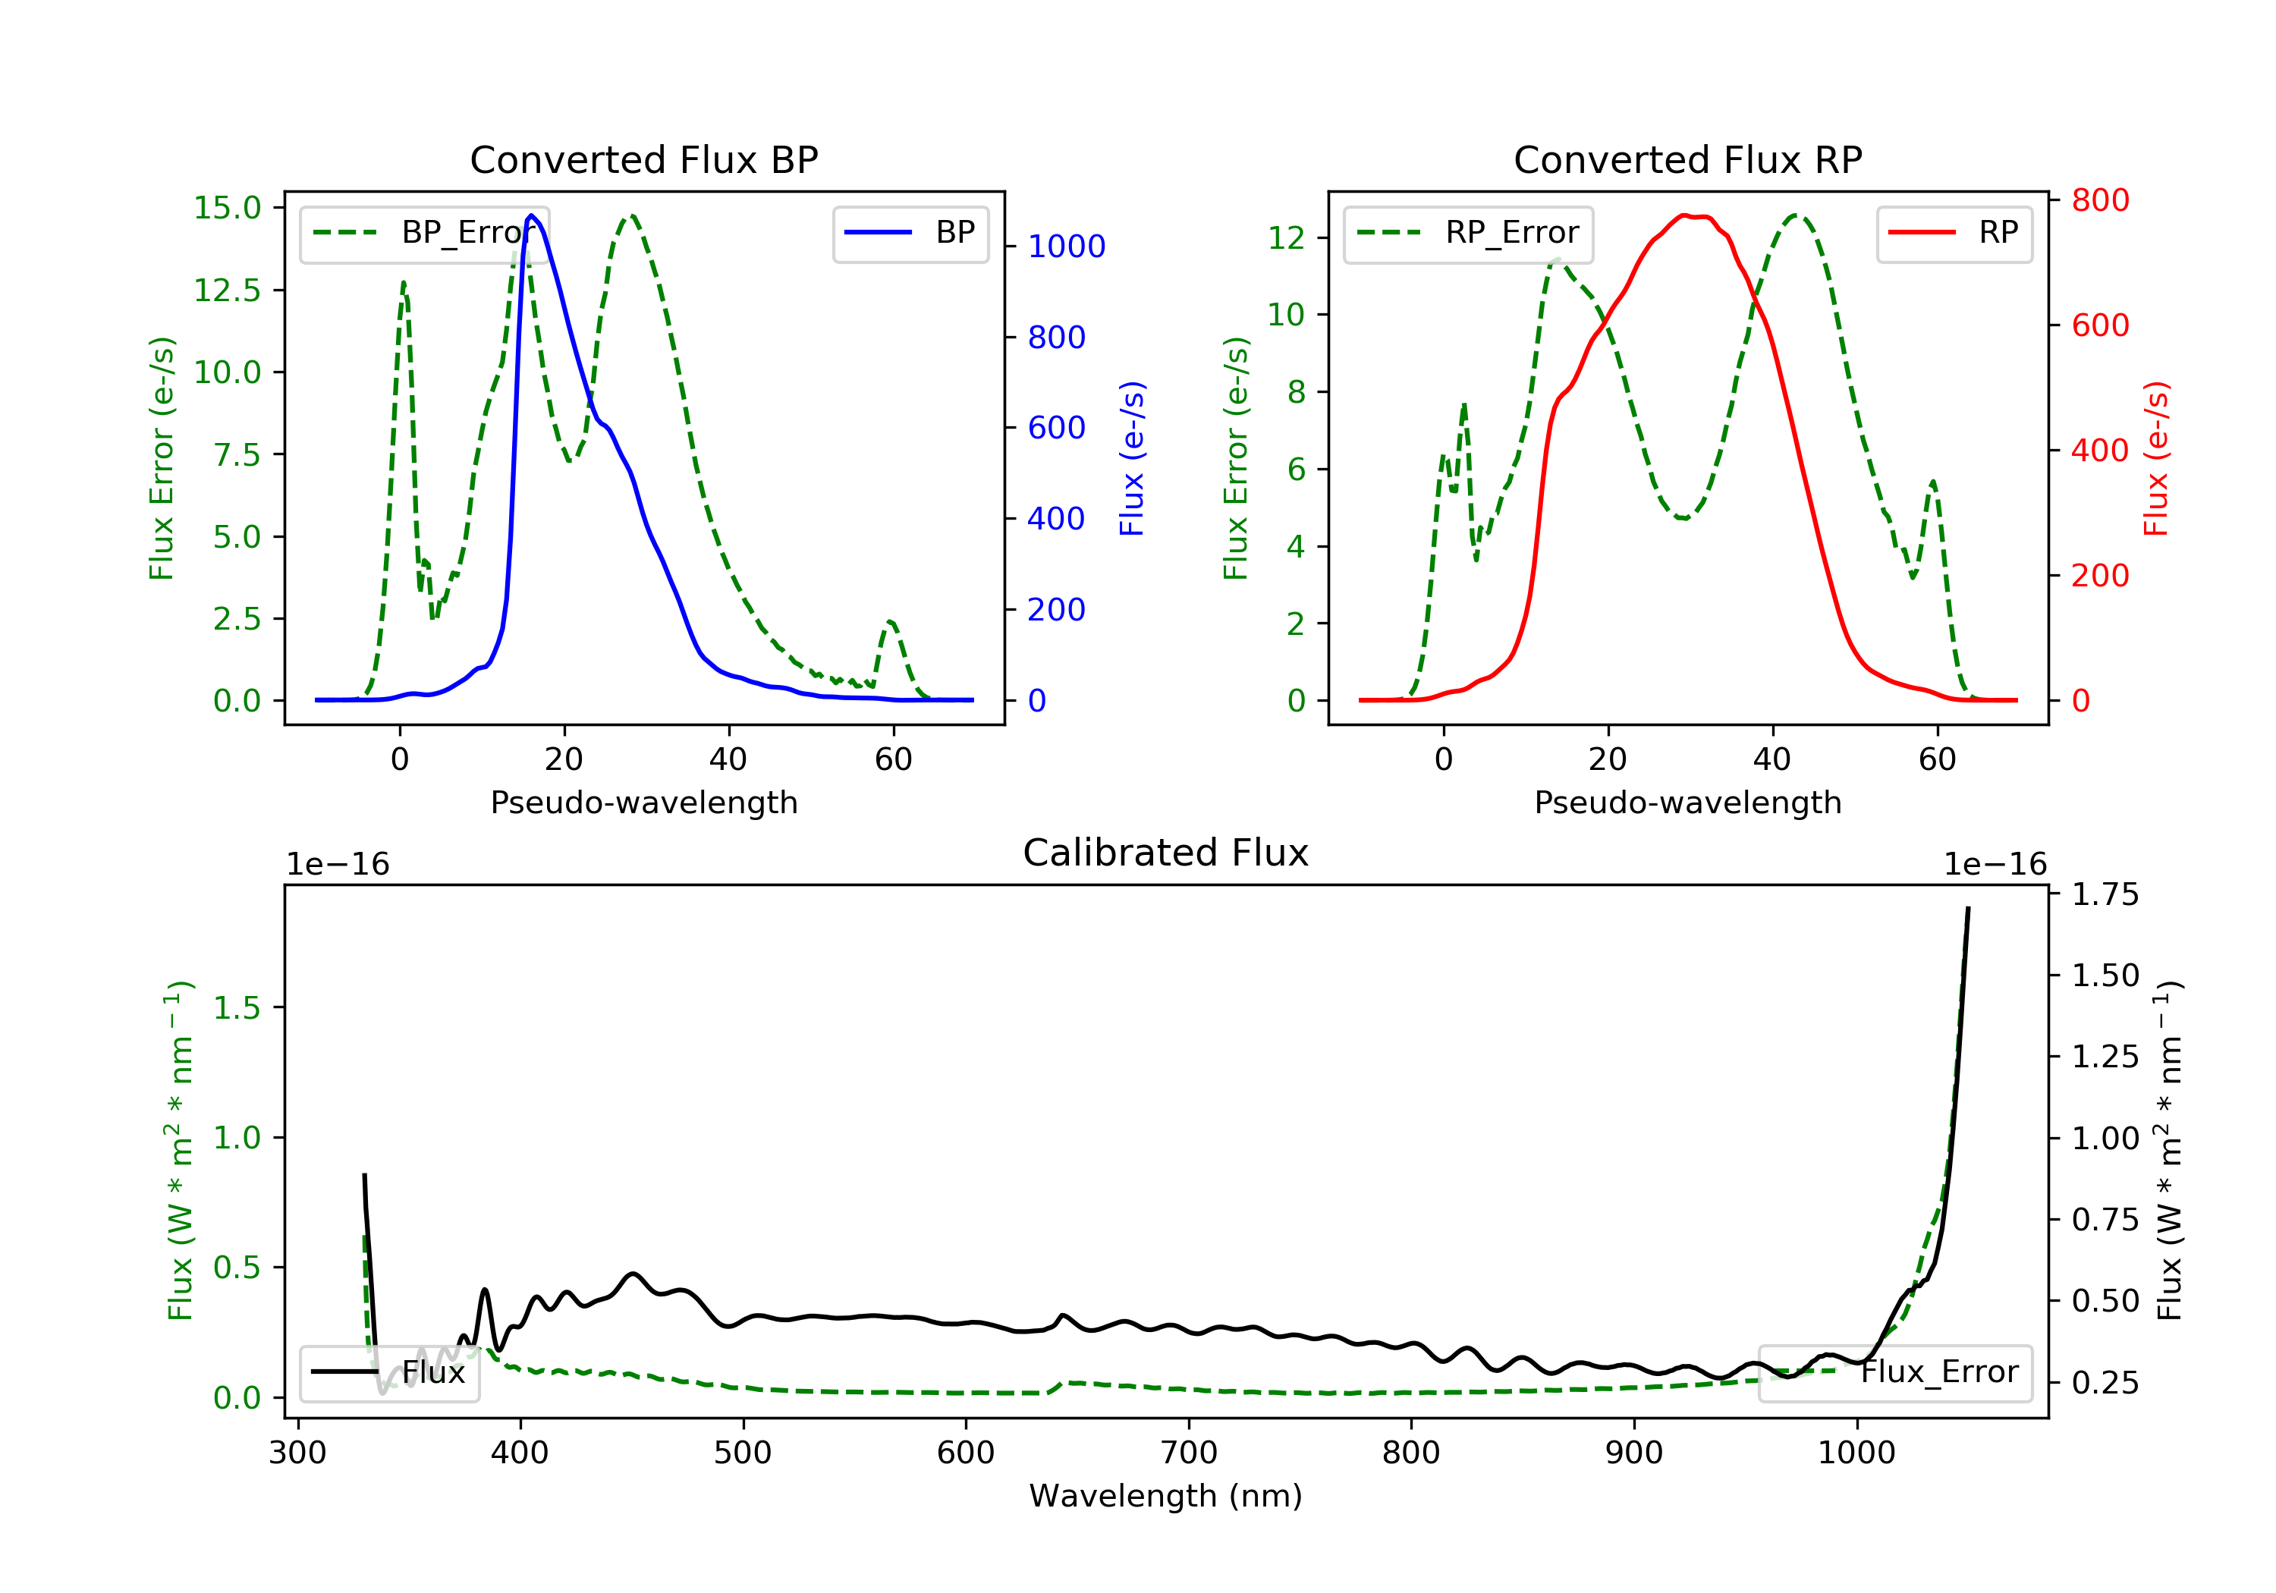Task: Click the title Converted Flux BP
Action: pyautogui.click(x=643, y=159)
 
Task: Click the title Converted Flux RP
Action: pyautogui.click(x=1687, y=159)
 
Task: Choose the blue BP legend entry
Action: pyautogui.click(x=910, y=233)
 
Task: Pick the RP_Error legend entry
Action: pyautogui.click(x=1468, y=233)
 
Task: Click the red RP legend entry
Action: pyautogui.click(x=1954, y=233)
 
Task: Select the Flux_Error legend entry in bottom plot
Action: pyautogui.click(x=1894, y=1372)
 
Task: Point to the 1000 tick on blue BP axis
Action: pyautogui.click(x=1066, y=246)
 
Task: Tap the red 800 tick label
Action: pyautogui.click(x=2099, y=200)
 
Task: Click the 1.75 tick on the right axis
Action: pyautogui.click(x=2105, y=894)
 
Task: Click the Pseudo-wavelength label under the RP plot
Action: pyautogui.click(x=1687, y=802)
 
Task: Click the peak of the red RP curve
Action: pyautogui.click(x=1684, y=215)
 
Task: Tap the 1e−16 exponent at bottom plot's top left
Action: pyautogui.click(x=338, y=865)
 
